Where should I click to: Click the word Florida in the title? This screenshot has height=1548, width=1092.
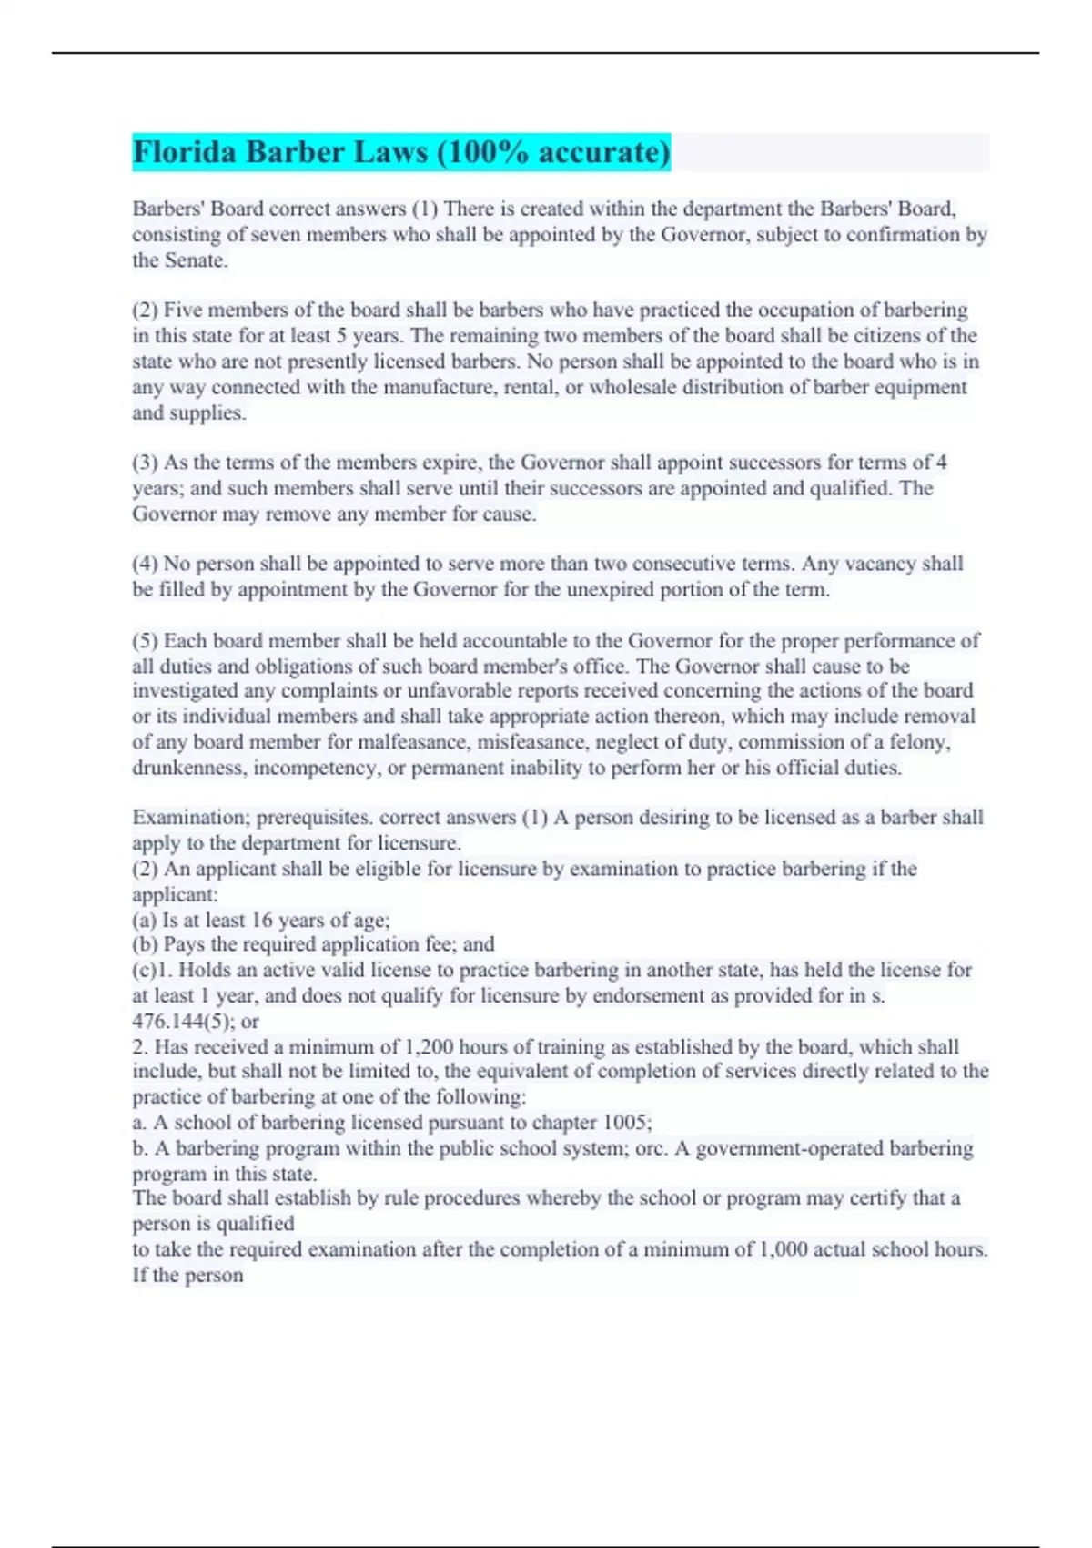pos(185,152)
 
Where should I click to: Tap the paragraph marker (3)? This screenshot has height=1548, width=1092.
pos(146,463)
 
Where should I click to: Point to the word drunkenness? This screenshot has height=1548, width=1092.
pos(188,768)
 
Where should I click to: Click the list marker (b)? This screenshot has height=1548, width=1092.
pos(145,944)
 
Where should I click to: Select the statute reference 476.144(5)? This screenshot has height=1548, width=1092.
pos(183,1022)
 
